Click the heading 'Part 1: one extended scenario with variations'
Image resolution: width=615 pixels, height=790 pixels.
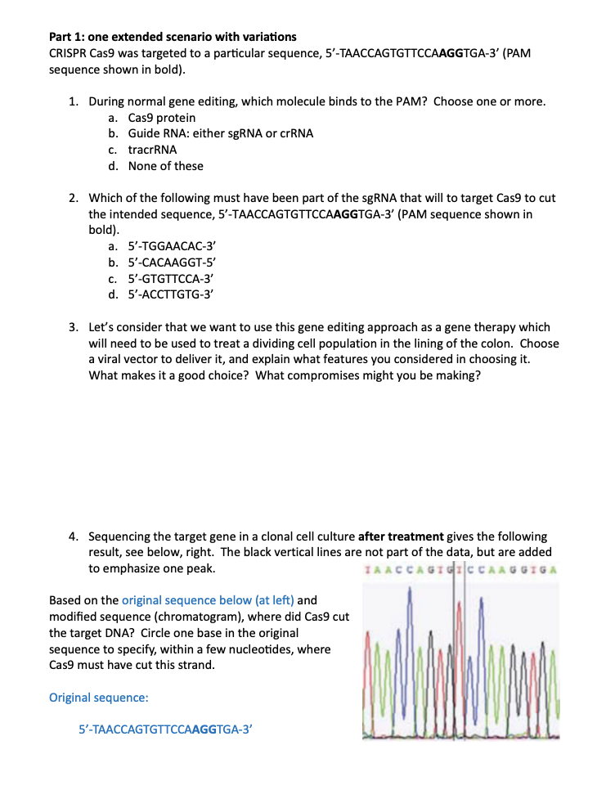click(173, 37)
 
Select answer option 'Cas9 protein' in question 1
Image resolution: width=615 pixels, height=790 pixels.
click(161, 118)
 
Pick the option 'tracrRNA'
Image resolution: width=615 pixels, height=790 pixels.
click(152, 150)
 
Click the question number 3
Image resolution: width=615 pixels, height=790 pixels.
click(73, 327)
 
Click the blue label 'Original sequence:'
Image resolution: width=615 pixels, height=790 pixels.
click(99, 698)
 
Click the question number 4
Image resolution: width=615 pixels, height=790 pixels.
click(73, 536)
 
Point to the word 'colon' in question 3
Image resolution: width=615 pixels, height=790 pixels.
click(500, 343)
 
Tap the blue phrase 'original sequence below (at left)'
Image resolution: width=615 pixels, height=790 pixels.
click(203, 600)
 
